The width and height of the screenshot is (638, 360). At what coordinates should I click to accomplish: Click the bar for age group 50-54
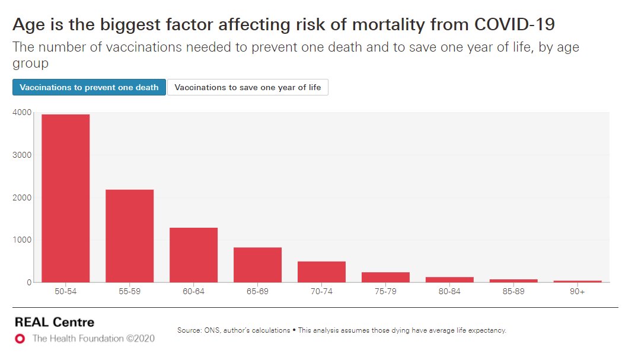tap(65, 199)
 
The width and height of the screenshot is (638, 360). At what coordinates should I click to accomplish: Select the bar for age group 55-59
tap(129, 236)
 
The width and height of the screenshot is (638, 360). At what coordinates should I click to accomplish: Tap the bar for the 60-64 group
tap(193, 255)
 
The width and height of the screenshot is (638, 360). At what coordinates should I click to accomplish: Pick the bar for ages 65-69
tap(257, 265)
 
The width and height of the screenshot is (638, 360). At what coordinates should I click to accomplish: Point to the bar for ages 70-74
tap(321, 272)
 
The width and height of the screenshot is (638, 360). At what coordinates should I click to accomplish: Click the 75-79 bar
tap(385, 278)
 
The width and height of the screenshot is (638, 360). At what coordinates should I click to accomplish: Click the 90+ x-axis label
tap(578, 292)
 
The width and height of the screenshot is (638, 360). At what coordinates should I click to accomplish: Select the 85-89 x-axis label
tap(513, 292)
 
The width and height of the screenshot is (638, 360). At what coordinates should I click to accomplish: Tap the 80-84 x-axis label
tap(449, 292)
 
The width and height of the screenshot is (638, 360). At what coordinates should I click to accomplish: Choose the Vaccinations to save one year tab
tap(248, 87)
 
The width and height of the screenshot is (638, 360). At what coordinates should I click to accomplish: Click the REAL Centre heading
tap(54, 323)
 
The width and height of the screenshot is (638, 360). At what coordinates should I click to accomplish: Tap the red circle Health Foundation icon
tap(20, 339)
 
